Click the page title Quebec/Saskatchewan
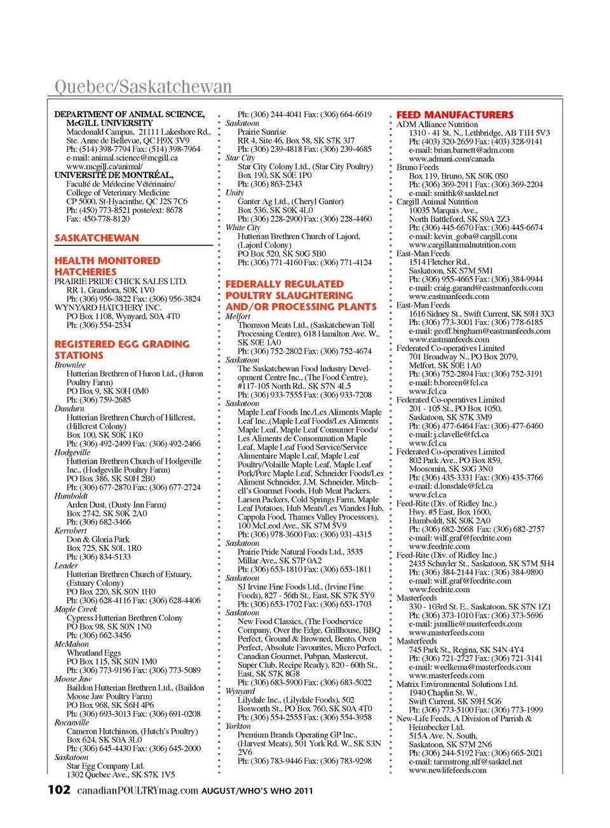(x=143, y=86)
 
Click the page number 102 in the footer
(x=59, y=790)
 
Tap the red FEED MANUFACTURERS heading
(x=454, y=115)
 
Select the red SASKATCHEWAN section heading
(x=97, y=238)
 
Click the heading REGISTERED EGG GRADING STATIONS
(x=122, y=350)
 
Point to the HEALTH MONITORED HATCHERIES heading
(x=107, y=266)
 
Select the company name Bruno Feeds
(x=417, y=167)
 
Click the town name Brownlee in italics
(x=70, y=365)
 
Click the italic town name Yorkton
(x=238, y=726)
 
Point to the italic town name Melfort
(x=238, y=316)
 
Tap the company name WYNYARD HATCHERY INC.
(x=108, y=307)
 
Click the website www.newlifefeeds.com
(x=447, y=770)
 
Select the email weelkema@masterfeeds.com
(x=469, y=666)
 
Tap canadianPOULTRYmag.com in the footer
(x=138, y=790)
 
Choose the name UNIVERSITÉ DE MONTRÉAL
(x=114, y=175)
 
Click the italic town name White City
(x=243, y=227)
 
